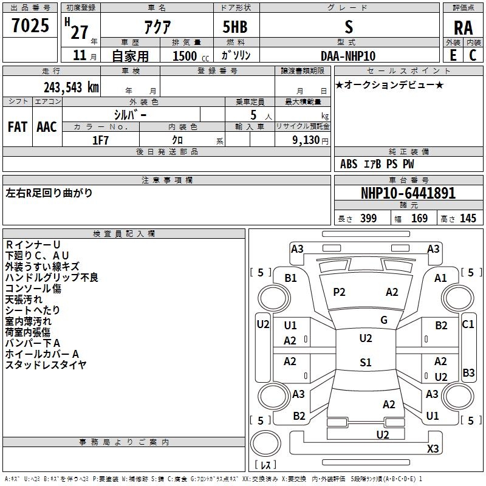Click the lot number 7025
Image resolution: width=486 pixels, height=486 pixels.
pyautogui.click(x=30, y=26)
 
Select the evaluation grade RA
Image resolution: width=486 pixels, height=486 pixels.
pyautogui.click(x=463, y=28)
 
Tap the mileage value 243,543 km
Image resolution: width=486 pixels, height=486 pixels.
pyautogui.click(x=71, y=87)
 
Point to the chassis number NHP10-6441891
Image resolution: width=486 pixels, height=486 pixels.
pyautogui.click(x=408, y=193)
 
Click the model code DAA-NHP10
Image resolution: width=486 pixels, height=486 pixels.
pyautogui.click(x=348, y=56)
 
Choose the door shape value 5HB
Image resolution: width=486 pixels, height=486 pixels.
pyautogui.click(x=235, y=27)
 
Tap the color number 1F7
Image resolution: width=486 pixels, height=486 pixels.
pyautogui.click(x=100, y=140)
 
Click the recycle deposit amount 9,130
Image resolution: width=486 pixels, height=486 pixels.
pyautogui.click(x=306, y=140)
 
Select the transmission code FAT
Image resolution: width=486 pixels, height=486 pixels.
pyautogui.click(x=18, y=127)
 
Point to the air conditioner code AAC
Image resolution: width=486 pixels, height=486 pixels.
pyautogui.click(x=47, y=127)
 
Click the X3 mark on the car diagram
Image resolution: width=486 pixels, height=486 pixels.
pyautogui.click(x=433, y=448)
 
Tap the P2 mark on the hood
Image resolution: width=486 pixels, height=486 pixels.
pyautogui.click(x=339, y=292)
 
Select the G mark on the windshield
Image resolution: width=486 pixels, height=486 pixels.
pyautogui.click(x=384, y=320)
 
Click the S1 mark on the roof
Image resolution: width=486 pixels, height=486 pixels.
pyautogui.click(x=366, y=362)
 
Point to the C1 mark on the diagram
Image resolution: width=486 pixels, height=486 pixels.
pyautogui.click(x=468, y=324)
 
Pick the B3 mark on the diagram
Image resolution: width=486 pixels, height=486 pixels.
pyautogui.click(x=468, y=372)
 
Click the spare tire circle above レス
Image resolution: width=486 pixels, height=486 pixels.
pyautogui.click(x=265, y=443)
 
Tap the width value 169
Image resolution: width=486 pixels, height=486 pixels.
pyautogui.click(x=419, y=218)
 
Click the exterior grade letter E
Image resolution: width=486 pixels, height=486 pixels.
pyautogui.click(x=453, y=55)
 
